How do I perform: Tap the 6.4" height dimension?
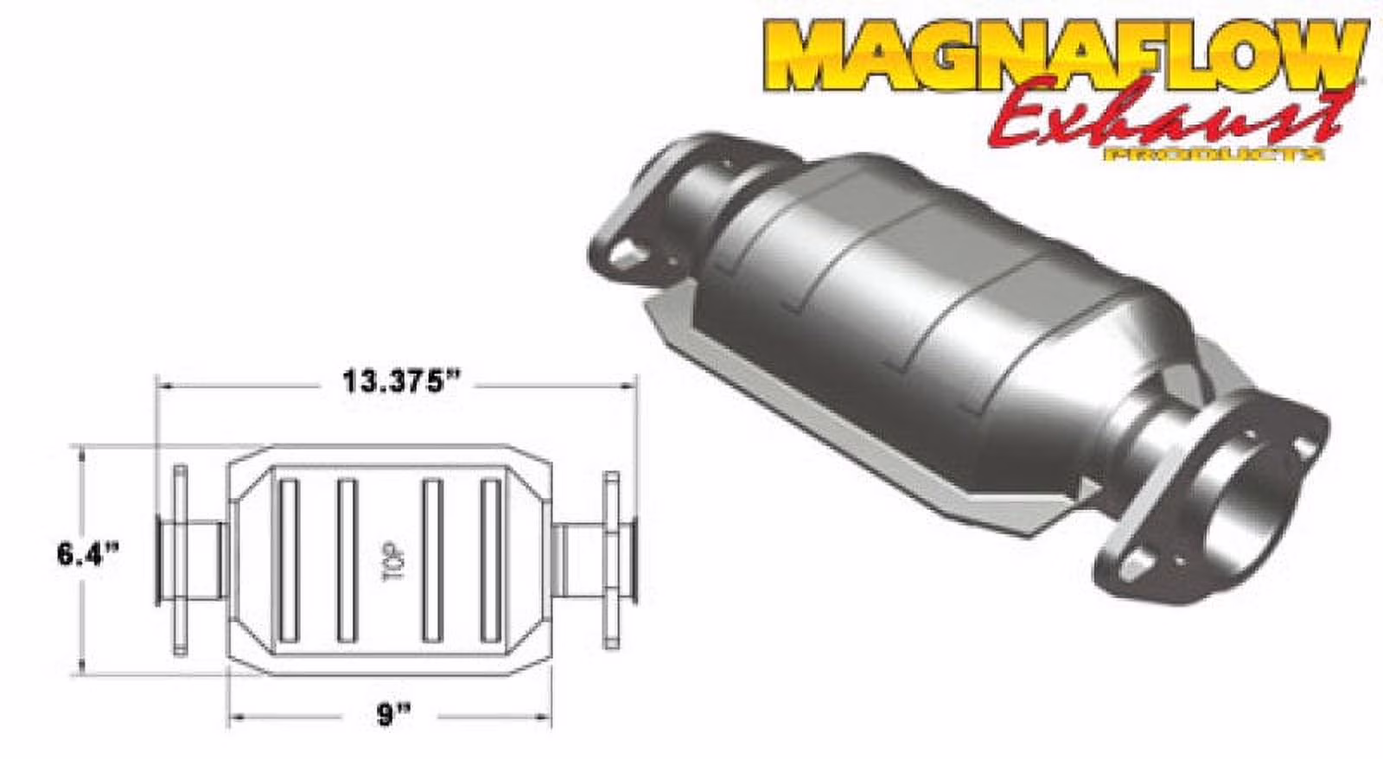pos(87,554)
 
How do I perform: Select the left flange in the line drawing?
pos(180,560)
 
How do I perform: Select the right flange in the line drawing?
pos(611,560)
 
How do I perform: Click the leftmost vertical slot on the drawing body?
pos(289,560)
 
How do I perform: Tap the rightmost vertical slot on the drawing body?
pos(490,560)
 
